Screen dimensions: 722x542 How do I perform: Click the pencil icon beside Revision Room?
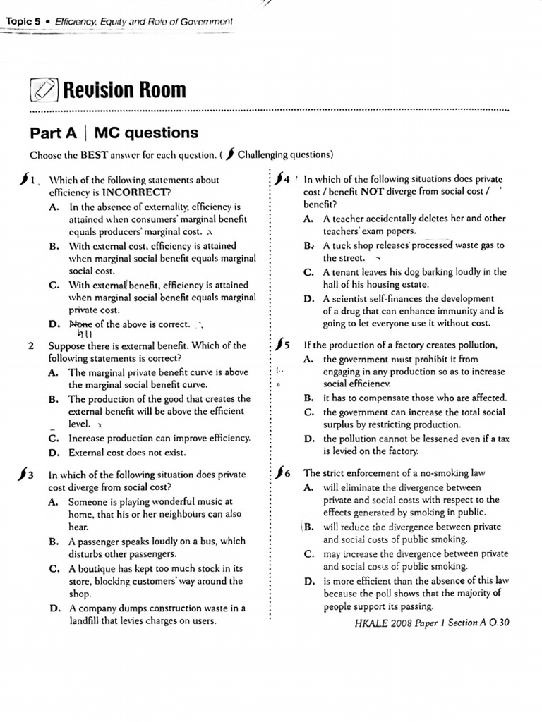44,90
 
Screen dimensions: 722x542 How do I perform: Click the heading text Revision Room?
124,90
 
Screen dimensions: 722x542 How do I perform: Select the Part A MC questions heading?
114,133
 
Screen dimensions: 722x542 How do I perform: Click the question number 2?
30,345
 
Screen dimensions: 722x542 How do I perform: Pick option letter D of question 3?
54,608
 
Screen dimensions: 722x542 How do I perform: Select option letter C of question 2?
54,438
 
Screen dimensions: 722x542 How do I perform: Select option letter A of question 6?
308,487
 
